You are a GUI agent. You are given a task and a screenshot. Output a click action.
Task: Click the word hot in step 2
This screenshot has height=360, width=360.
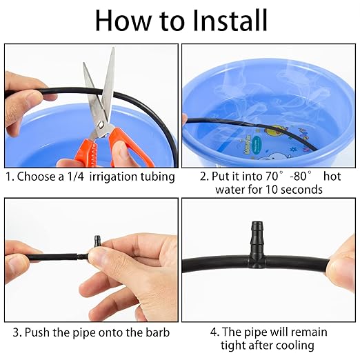click(332, 177)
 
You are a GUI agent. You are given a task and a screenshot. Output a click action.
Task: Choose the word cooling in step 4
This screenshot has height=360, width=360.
click(292, 345)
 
